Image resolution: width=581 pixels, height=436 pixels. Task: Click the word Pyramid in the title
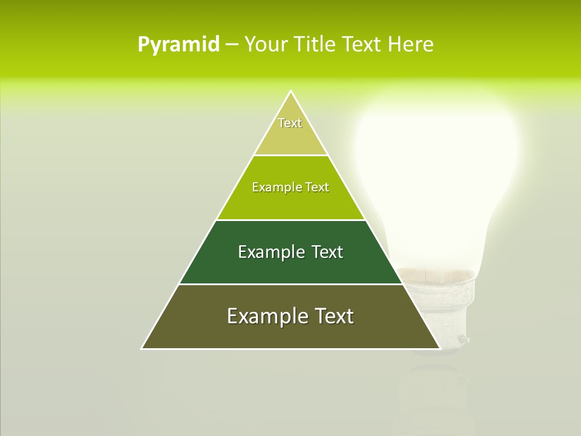(179, 44)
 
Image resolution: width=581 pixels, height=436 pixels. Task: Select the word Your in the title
(266, 44)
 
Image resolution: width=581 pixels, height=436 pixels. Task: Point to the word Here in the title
(410, 44)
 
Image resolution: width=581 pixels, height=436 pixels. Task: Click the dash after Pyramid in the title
(231, 44)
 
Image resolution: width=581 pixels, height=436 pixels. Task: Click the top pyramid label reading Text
(290, 123)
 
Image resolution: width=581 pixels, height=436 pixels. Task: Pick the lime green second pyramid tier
(290, 205)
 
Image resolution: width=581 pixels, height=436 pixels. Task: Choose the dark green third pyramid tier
(290, 269)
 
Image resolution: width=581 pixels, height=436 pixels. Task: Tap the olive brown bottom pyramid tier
(290, 334)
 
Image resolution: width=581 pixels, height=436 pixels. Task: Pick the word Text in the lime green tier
(318, 187)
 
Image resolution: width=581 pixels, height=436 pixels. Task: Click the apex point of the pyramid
(290, 91)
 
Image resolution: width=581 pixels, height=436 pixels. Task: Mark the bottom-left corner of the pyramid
(142, 348)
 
